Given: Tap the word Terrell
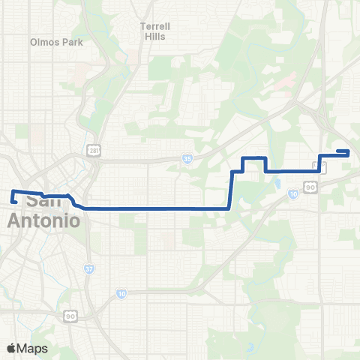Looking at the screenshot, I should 155,26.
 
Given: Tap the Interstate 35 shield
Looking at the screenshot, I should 187,159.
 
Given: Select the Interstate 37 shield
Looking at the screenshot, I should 89,268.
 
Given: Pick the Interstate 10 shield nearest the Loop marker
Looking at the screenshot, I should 292,194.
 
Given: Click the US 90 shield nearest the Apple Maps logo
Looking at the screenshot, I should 70,316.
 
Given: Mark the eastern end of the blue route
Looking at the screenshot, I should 349,151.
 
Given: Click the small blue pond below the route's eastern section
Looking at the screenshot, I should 277,183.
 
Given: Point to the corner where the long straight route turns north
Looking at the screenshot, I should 229,208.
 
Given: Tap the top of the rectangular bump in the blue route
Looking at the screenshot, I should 253,158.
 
